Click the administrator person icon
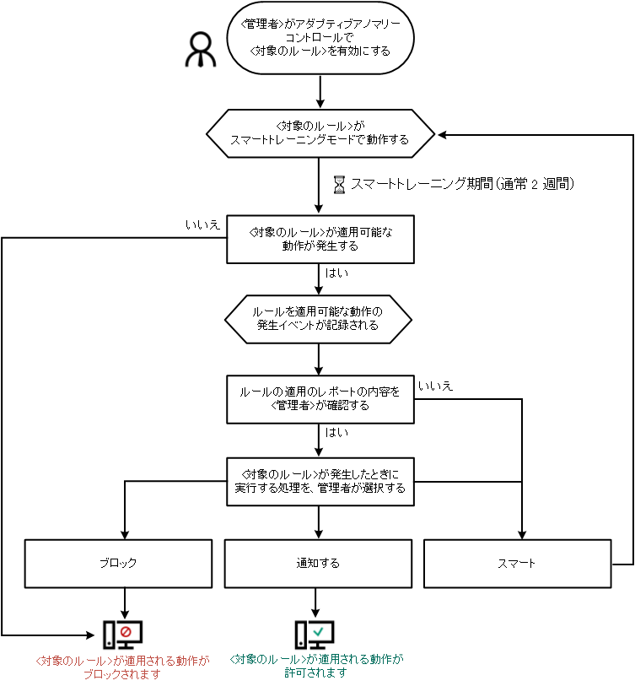(x=200, y=51)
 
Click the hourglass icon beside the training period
(x=340, y=183)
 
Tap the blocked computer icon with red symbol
(x=122, y=635)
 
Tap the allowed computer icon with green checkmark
(x=314, y=635)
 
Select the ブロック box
(x=116, y=563)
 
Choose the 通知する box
(x=318, y=563)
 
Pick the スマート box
(x=516, y=563)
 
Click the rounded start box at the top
(x=320, y=38)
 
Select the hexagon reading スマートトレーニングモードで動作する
(x=320, y=133)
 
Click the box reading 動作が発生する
(x=320, y=239)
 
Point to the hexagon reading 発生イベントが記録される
(x=318, y=318)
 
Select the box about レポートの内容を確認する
(x=320, y=399)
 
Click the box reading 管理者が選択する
(x=320, y=481)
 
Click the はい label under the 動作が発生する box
(x=336, y=274)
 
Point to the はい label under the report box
(x=336, y=433)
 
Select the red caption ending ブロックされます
(x=122, y=667)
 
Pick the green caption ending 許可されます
(x=317, y=667)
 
